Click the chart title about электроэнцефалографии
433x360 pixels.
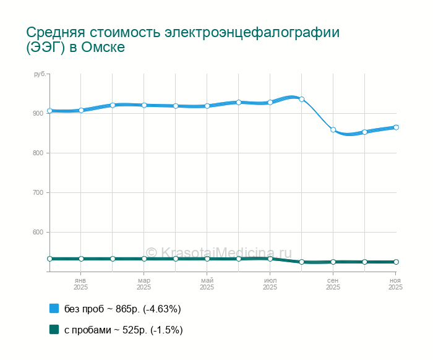183,40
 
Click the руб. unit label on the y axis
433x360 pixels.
40,74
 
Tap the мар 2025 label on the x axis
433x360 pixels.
144,284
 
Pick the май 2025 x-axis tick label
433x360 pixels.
207,284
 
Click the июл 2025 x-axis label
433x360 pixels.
270,284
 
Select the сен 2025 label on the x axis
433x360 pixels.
333,284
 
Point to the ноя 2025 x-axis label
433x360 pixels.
395,284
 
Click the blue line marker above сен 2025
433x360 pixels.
333,130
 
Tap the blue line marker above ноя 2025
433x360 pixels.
396,127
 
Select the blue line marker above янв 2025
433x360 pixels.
81,110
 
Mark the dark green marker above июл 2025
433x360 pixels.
270,259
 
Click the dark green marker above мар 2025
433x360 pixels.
144,259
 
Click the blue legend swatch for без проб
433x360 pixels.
54,308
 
